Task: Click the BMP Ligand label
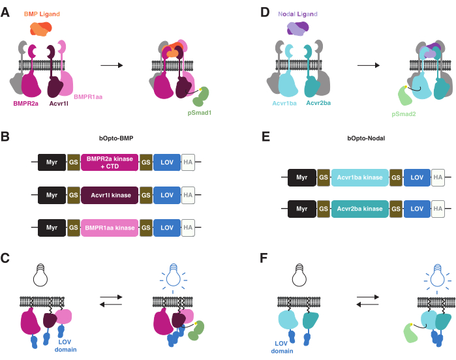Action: (x=42, y=14)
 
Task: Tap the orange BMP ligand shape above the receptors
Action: (x=41, y=29)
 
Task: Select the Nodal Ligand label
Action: (x=297, y=14)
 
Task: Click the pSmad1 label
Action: (x=199, y=113)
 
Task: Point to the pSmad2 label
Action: (x=404, y=114)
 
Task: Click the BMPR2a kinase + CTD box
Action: (x=110, y=162)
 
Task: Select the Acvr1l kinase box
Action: (x=110, y=195)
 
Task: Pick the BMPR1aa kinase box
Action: (x=110, y=228)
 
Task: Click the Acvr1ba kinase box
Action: (x=359, y=177)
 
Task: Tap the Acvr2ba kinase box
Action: (x=359, y=209)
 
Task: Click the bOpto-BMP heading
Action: (x=116, y=138)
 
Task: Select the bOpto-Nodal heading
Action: (x=366, y=138)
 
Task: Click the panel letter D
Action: (x=265, y=13)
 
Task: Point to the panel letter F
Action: (x=264, y=258)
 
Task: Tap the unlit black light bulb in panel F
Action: (x=299, y=275)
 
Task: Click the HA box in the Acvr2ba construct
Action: (x=438, y=209)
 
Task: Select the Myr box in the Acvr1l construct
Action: (x=52, y=195)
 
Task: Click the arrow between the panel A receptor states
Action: (x=112, y=65)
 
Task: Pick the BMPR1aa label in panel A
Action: (x=88, y=97)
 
